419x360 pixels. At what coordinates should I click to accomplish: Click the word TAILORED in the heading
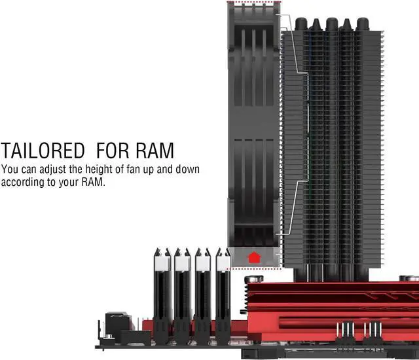pos(43,151)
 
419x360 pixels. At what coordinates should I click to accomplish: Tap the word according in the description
pos(24,181)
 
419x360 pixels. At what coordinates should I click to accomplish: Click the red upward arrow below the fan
pos(254,257)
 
